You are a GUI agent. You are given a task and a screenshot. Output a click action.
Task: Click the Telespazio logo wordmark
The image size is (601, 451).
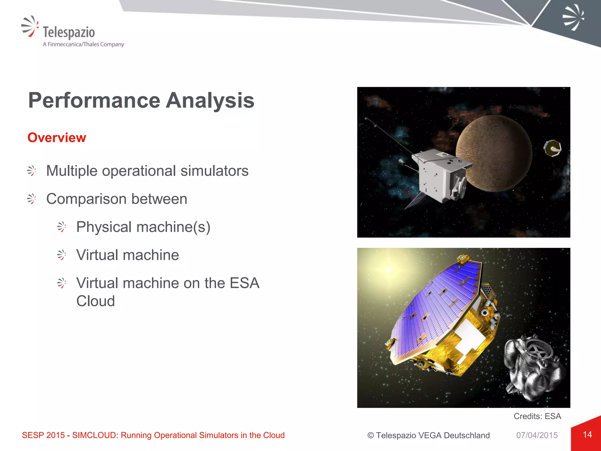pos(69,32)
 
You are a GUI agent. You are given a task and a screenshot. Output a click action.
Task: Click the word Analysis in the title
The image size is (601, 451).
pos(210,101)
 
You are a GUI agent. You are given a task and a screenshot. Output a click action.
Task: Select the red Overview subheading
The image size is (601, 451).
pos(57,138)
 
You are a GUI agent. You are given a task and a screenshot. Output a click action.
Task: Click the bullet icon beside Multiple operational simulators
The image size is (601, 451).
pos(32,171)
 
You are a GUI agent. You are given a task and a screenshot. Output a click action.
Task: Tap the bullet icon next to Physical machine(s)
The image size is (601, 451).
pos(62,227)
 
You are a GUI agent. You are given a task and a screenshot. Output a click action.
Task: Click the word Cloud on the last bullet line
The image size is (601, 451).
pos(95,301)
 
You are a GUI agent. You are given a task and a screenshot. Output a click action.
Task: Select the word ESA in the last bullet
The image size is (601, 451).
pos(244,283)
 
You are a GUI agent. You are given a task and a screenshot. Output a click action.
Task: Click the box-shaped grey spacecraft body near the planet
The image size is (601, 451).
pos(437,176)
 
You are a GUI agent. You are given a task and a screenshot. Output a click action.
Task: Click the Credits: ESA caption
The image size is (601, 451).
pos(537,416)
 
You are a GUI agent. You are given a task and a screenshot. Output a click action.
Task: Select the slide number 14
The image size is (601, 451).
pos(587,435)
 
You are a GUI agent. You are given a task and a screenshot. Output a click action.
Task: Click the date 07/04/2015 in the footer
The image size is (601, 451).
pos(537,435)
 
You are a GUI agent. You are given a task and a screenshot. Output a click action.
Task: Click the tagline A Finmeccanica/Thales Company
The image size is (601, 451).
pos(83,44)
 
